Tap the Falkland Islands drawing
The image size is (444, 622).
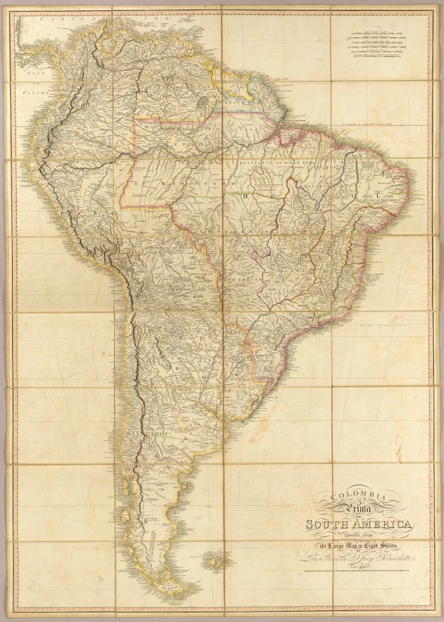(x=212, y=564)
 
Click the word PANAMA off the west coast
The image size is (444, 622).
(x=30, y=94)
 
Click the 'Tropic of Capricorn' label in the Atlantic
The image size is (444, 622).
(x=384, y=327)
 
